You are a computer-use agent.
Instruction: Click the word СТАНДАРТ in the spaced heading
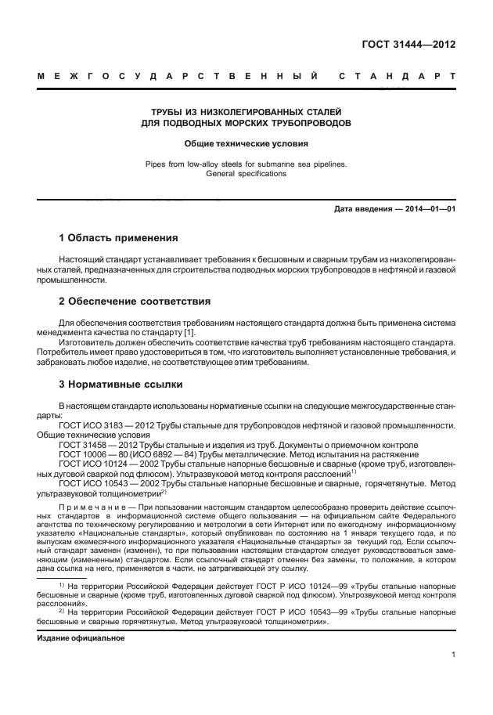click(397, 77)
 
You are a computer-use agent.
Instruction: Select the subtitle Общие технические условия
click(246, 143)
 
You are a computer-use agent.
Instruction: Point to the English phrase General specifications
click(246, 174)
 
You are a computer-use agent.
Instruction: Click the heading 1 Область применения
click(118, 237)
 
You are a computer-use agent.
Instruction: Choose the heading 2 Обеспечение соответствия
click(135, 301)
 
